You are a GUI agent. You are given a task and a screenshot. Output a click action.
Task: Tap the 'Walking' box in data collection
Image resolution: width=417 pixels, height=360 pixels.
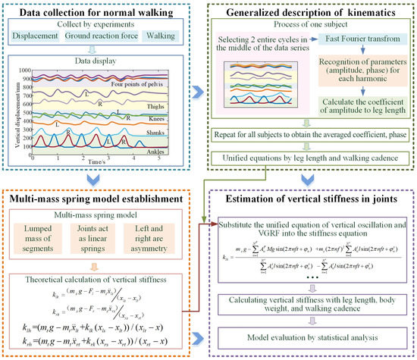(x=166, y=36)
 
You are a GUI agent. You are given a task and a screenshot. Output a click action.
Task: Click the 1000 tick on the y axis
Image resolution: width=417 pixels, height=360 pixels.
(x=23, y=67)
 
